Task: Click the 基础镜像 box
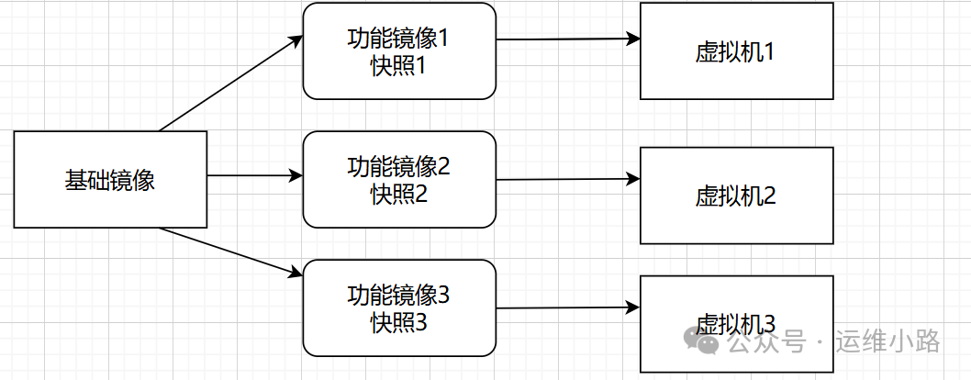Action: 110,180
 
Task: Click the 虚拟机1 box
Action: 736,51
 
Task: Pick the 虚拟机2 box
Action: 736,196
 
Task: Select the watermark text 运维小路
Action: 887,342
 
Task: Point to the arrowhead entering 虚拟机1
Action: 632,39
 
